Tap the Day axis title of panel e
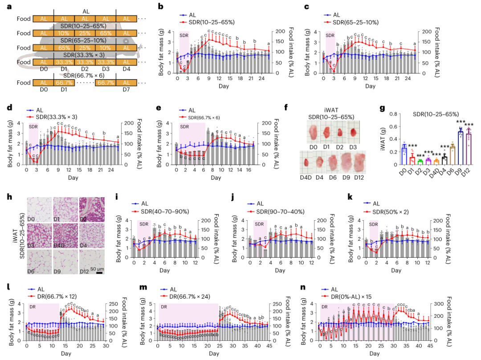click(x=216, y=178)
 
